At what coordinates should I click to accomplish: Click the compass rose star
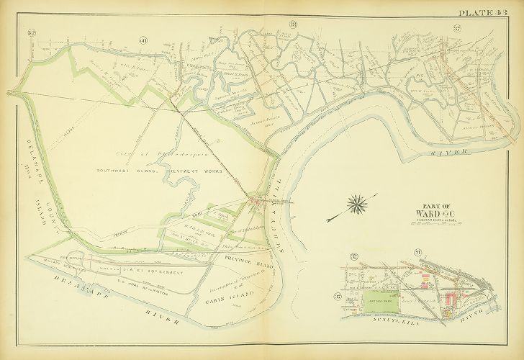[x=355, y=204]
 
